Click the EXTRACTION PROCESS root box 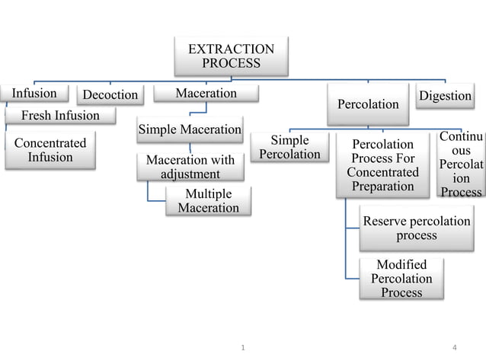coord(231,56)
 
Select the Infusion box coord(34,94)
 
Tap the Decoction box coord(110,95)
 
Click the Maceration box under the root coord(206,94)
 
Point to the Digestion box coord(446,96)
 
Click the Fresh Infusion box coord(60,116)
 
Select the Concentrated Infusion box coord(50,150)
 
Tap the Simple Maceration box coord(190,129)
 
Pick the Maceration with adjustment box coord(190,167)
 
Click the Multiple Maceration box coord(208,200)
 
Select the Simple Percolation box coord(289,147)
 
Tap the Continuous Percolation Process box coord(462,164)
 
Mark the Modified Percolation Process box coord(401,278)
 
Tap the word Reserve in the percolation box coord(388,222)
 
